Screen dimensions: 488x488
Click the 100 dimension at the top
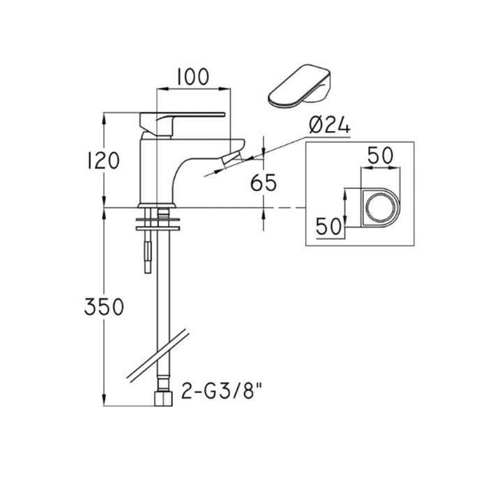(193, 77)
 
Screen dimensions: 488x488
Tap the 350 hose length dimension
(104, 307)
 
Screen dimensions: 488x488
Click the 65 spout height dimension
(264, 183)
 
